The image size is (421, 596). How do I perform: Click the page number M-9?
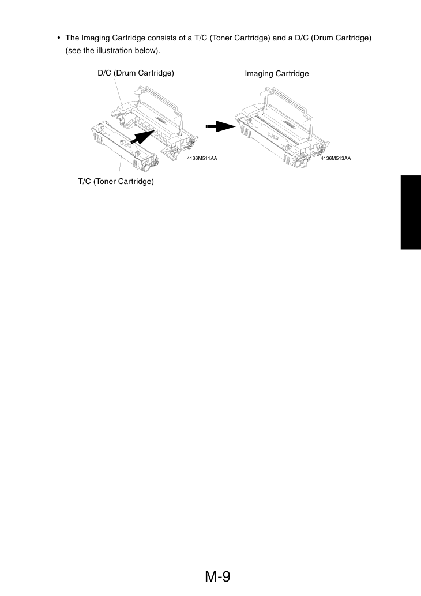point(218,576)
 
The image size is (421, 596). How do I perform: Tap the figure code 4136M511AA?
point(202,158)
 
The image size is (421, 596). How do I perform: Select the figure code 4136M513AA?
point(336,158)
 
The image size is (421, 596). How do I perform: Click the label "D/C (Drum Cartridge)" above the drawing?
point(136,73)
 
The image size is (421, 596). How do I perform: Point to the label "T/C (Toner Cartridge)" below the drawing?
point(116,181)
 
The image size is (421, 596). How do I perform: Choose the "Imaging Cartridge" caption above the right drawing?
point(277,74)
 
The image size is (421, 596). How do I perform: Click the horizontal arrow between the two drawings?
point(220,126)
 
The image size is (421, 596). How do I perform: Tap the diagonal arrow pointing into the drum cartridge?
point(142,137)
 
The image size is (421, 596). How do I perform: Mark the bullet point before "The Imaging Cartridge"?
point(58,38)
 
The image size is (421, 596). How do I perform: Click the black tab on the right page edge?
point(411,212)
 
